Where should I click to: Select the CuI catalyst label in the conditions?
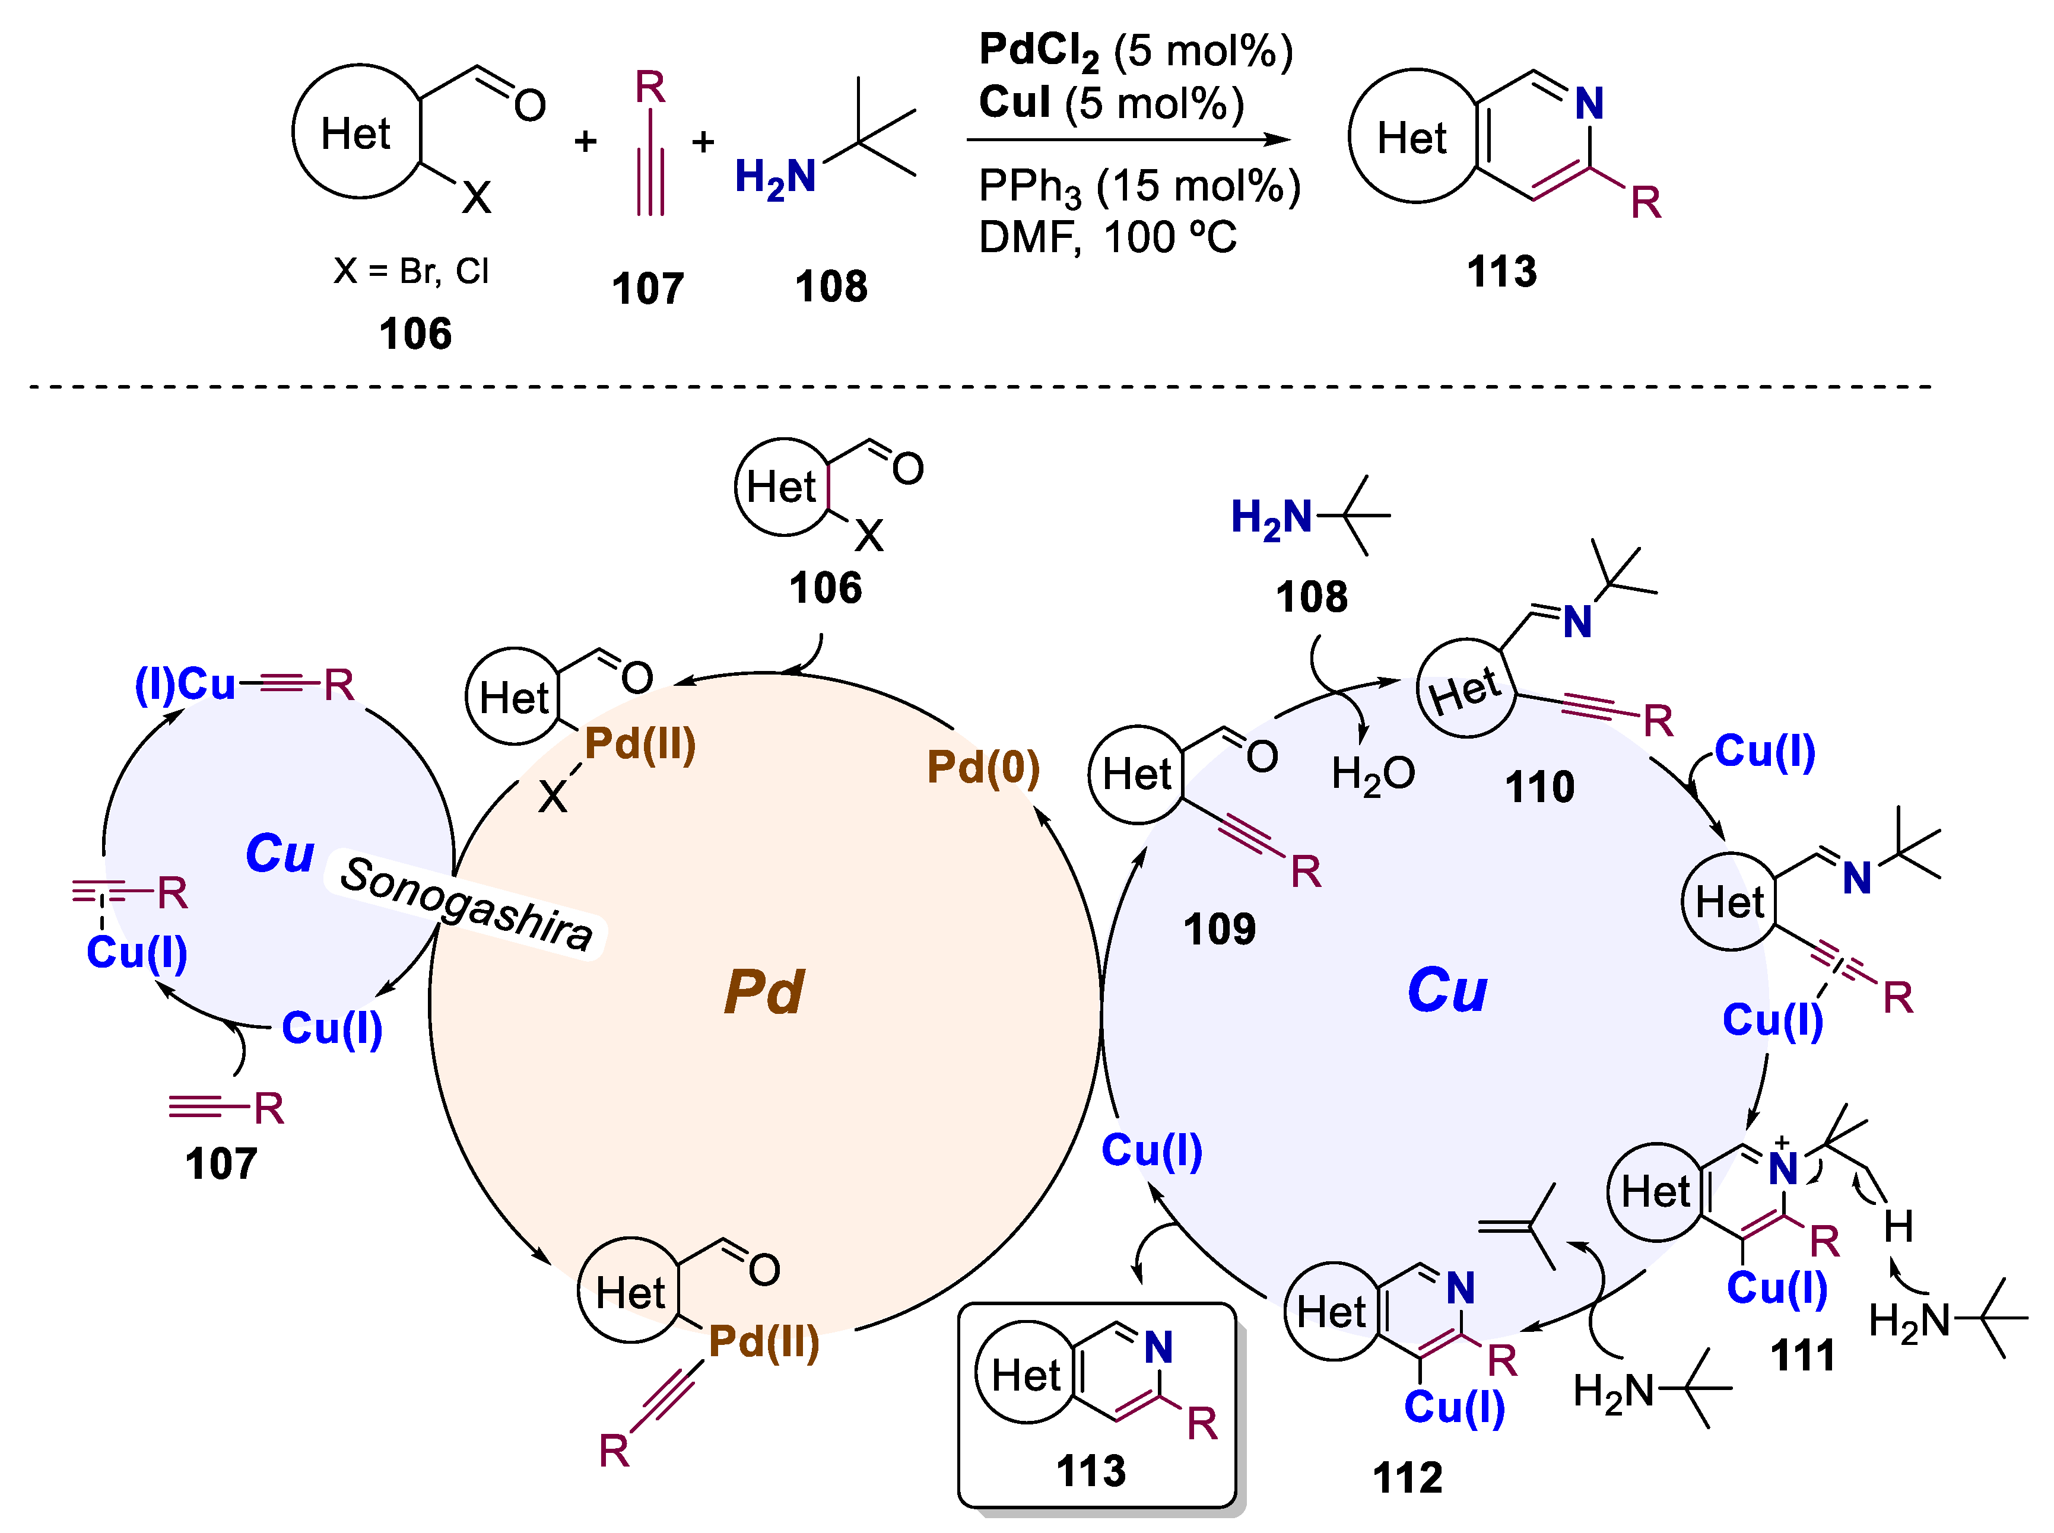pos(1014,102)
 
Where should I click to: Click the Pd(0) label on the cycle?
pos(983,768)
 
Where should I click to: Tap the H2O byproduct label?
pos(1372,773)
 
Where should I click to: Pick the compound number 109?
pos(1218,929)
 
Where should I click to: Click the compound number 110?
pos(1539,787)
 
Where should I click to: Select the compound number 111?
pos(1802,1356)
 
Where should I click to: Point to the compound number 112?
pos(1407,1477)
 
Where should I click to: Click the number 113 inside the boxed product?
pos(1091,1471)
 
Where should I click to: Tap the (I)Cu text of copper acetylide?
pos(186,685)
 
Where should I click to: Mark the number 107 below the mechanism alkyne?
pos(220,1163)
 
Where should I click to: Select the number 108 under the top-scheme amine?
pos(831,287)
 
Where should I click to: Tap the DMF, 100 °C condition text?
pos(1107,237)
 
